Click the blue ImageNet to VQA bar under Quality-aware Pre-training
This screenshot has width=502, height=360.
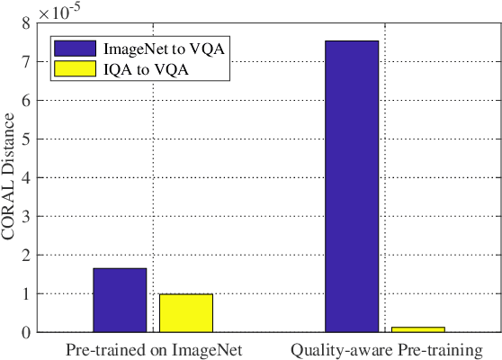(x=352, y=186)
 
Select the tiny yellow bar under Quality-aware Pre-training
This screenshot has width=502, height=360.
(x=417, y=329)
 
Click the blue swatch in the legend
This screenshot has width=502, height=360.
(x=75, y=48)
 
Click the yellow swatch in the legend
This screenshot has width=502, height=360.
(x=75, y=67)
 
